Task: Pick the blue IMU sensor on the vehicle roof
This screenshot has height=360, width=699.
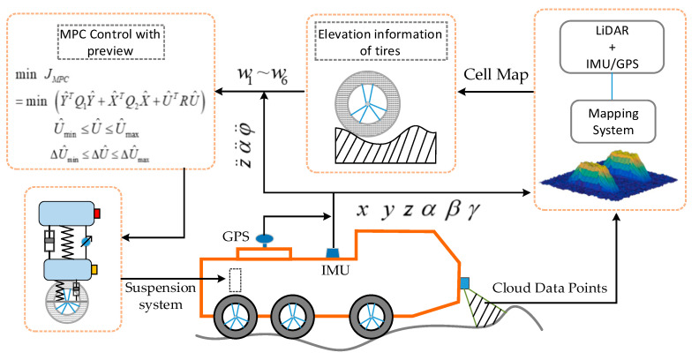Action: (334, 252)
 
